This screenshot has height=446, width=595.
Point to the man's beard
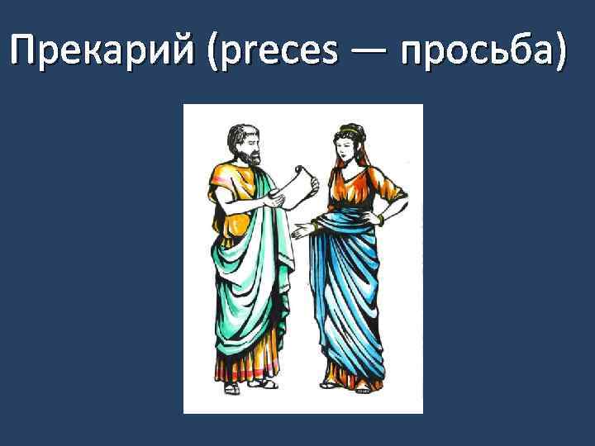point(248,156)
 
